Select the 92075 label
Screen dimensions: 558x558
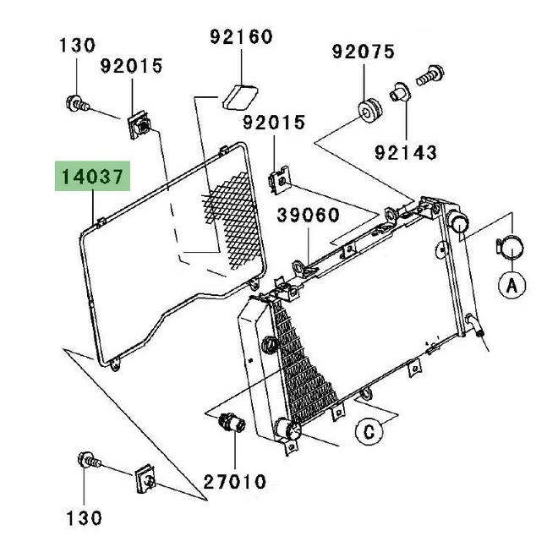point(363,52)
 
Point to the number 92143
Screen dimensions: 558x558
point(408,153)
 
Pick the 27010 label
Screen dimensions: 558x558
point(235,483)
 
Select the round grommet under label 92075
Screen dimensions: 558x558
point(369,111)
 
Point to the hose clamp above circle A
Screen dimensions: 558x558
point(509,246)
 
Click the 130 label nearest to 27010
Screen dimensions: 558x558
point(85,517)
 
